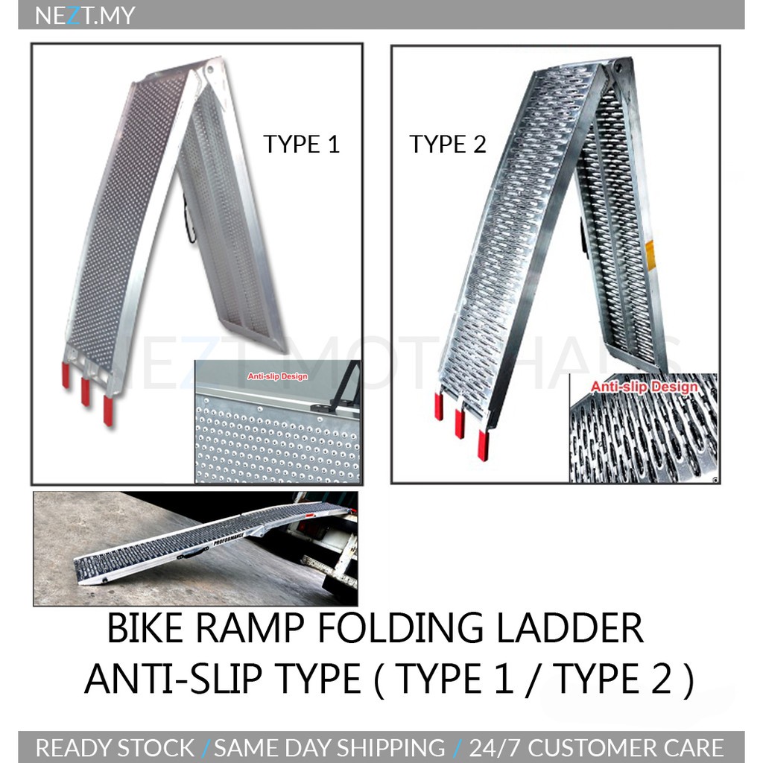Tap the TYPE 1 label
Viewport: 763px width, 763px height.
[301, 144]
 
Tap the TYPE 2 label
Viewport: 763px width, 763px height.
[447, 144]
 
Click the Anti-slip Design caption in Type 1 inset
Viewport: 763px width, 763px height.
[277, 377]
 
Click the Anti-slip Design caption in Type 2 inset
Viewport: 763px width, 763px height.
[645, 387]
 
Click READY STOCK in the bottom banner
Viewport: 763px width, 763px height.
[115, 747]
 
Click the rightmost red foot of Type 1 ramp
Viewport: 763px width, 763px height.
[109, 411]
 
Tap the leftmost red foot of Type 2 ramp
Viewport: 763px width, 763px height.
[439, 407]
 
